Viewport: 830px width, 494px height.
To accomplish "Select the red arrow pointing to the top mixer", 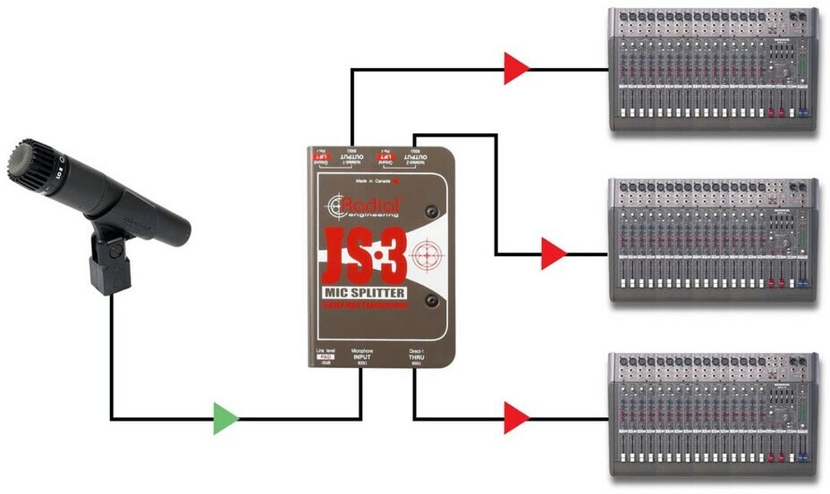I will pos(516,68).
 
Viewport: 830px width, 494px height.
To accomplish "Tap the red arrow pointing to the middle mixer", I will pos(554,254).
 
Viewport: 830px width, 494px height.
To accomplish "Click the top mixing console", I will pos(712,71).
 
